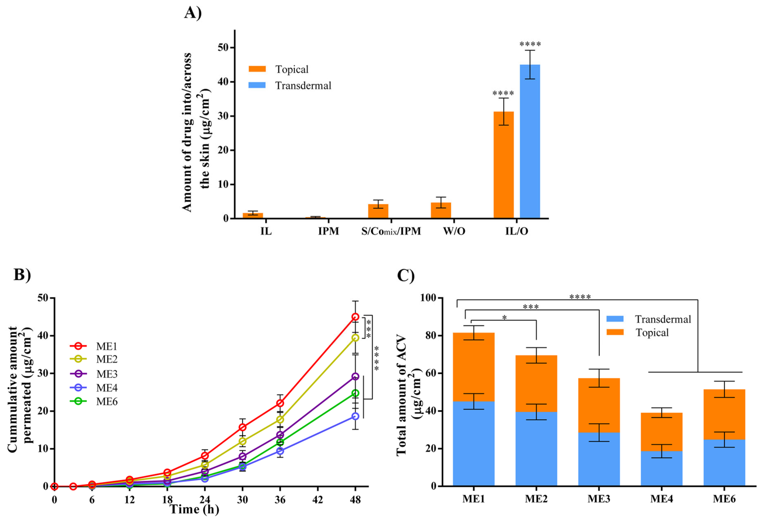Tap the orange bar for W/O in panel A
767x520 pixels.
point(441,210)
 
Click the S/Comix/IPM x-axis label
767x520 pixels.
point(391,231)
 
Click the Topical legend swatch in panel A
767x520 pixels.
point(257,69)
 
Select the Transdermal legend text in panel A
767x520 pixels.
point(303,86)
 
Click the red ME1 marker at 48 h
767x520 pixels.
point(355,317)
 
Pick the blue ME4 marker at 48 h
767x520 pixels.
point(355,416)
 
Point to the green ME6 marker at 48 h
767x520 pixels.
point(355,393)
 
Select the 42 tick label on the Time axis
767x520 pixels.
point(317,500)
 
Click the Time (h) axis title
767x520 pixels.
point(194,509)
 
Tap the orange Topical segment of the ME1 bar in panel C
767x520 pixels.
point(474,367)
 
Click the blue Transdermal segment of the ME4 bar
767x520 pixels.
point(661,468)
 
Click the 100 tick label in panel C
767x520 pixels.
point(428,298)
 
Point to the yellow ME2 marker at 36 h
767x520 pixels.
point(280,419)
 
